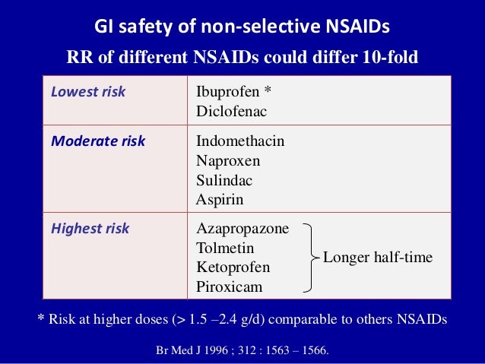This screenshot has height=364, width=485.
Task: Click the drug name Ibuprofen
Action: click(227, 93)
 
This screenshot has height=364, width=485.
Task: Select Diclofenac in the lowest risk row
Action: click(231, 111)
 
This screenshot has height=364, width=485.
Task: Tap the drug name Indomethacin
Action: click(240, 141)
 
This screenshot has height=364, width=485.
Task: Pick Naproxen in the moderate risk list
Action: click(228, 161)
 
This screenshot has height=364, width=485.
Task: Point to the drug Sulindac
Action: click(224, 181)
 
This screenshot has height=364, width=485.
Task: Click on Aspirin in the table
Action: click(220, 200)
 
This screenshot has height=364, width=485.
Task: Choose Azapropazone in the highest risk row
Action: click(242, 229)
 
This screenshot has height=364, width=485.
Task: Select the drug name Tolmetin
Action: click(225, 248)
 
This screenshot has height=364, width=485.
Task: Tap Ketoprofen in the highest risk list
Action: click(233, 267)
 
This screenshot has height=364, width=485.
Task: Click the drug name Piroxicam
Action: click(229, 287)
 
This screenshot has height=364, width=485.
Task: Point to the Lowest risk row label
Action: click(87, 93)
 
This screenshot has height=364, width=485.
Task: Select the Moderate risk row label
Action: click(97, 141)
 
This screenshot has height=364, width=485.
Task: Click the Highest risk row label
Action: click(90, 229)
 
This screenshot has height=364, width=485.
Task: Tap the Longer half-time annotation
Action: click(378, 258)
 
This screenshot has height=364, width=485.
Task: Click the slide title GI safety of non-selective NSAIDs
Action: click(242, 27)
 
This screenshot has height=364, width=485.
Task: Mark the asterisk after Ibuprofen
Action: click(267, 92)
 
